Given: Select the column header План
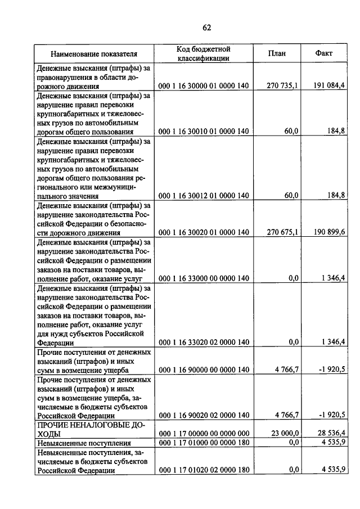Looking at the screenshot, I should point(277,54).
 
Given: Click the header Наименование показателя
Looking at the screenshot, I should point(94,54).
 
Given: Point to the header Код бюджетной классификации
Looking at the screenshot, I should point(204,53).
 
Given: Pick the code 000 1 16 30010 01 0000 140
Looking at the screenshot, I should point(204,131).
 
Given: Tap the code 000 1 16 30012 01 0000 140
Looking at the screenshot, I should point(204,196).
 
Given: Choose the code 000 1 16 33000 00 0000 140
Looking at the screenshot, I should point(204,278).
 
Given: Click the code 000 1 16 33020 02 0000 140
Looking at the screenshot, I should point(204,341).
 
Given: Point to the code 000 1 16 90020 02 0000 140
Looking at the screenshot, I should point(204,415).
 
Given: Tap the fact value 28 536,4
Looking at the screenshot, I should point(331,434).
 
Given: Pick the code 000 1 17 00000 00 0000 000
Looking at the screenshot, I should point(204,434).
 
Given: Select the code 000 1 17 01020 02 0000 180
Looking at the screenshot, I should point(204,470).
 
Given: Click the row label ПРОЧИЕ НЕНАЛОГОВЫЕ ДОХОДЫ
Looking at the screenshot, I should point(90,430).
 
